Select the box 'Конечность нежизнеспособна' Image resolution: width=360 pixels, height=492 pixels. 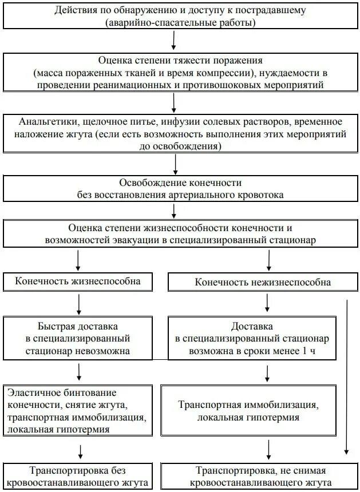point(263,283)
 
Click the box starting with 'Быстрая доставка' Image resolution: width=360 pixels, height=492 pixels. point(79,338)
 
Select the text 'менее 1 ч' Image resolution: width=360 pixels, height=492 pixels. point(295,350)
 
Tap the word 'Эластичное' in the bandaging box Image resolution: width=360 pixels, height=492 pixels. point(31,393)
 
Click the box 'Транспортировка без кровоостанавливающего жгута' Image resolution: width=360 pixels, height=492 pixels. point(79,477)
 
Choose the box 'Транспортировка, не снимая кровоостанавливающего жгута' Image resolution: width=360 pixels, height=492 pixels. point(260,477)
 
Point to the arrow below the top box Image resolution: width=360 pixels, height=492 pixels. point(174,41)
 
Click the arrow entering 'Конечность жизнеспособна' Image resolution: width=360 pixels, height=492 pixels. point(78,260)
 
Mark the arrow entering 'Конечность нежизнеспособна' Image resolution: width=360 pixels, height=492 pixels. point(268,260)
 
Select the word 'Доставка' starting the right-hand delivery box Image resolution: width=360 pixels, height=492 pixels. point(248,327)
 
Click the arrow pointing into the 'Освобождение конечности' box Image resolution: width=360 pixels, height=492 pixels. point(176,164)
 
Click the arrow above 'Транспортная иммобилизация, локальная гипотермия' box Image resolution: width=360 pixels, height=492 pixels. point(267,372)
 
